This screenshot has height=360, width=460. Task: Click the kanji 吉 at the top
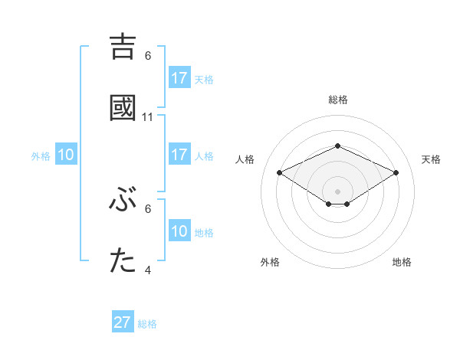coord(123,46)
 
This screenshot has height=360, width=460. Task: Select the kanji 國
coord(123,108)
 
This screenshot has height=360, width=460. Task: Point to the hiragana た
coord(123,261)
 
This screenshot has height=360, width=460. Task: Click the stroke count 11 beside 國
coord(148,117)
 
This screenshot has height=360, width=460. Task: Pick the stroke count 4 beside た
coord(148,270)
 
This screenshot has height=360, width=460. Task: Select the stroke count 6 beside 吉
coord(148,55)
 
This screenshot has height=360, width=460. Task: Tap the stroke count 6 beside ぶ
coord(148,208)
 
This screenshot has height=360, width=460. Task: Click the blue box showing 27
coord(123,322)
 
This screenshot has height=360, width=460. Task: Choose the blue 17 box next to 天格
coord(179,78)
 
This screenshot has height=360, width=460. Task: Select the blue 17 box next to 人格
coord(179,155)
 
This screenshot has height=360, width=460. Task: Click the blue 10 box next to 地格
coord(179,231)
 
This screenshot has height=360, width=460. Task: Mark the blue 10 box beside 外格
coord(66,155)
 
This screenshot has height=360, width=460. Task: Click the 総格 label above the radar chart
coord(337,100)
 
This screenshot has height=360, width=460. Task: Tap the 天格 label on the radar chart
coord(431,159)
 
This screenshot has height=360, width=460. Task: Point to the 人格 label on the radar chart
coord(245,159)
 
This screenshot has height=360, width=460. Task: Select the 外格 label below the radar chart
coord(270,262)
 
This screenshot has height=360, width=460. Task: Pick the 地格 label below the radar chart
coord(402,262)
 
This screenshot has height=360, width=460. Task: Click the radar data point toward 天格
coord(396,172)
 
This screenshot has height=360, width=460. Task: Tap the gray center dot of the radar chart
coord(337,191)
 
